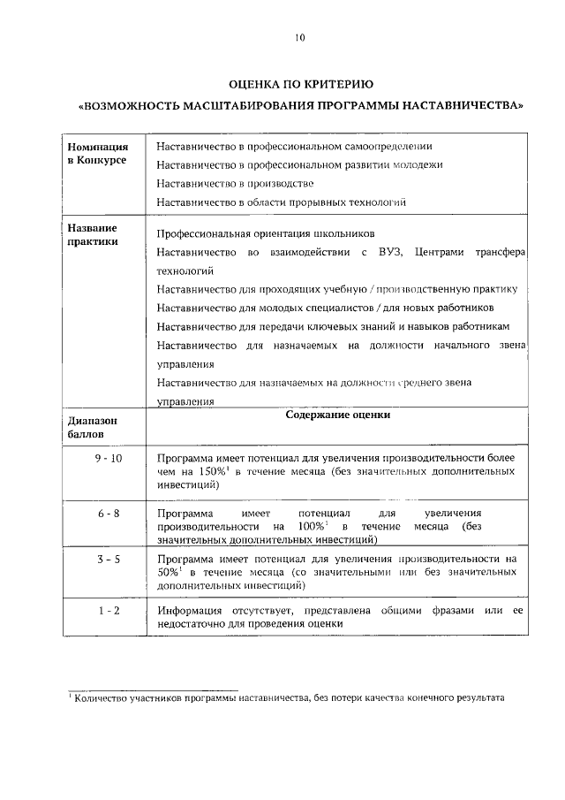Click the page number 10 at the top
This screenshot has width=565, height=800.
300,37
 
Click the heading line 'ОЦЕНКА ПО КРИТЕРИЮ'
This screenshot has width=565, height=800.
300,84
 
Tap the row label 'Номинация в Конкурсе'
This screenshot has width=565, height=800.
97,153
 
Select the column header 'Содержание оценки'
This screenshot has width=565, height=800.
338,415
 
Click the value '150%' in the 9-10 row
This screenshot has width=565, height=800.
210,472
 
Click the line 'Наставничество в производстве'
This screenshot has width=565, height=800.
235,183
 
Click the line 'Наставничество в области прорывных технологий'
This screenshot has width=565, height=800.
281,202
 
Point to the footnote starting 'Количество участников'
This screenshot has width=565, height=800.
287,698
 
